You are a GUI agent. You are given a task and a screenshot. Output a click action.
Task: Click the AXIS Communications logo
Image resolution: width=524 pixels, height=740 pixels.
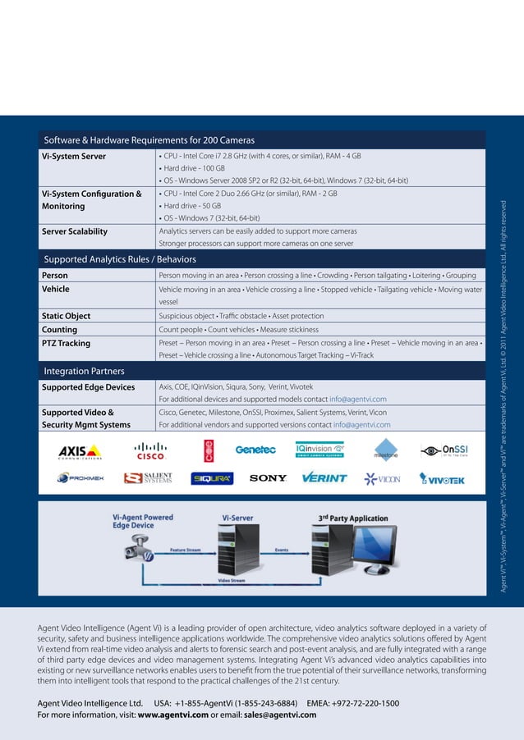(80, 452)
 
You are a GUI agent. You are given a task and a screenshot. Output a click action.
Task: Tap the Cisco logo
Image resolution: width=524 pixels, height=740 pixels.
(150, 450)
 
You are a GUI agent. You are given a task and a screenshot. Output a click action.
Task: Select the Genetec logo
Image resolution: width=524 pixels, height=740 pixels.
(255, 450)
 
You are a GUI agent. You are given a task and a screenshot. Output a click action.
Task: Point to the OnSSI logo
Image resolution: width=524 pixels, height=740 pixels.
(444, 450)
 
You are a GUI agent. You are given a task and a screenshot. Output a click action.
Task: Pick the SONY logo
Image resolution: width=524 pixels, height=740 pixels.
(268, 478)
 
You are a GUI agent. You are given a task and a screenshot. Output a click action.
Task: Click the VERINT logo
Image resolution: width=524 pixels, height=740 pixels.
(324, 478)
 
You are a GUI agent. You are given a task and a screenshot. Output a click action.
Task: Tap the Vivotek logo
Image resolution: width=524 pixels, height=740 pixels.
(442, 479)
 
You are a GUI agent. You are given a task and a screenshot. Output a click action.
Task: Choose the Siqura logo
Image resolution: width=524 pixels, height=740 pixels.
(212, 479)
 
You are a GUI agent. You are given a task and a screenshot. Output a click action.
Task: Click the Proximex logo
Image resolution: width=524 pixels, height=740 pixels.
(80, 478)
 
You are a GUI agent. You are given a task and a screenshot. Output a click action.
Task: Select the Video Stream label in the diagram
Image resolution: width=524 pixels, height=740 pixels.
(232, 580)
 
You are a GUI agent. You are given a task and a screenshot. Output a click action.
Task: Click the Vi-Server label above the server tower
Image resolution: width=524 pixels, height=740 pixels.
(237, 518)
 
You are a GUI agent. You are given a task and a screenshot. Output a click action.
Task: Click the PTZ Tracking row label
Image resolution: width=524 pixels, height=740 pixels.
(67, 343)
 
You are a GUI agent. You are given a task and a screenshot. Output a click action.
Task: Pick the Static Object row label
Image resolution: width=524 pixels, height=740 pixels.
(67, 316)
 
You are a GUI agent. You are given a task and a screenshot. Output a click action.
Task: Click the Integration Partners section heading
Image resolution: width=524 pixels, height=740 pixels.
(84, 372)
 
